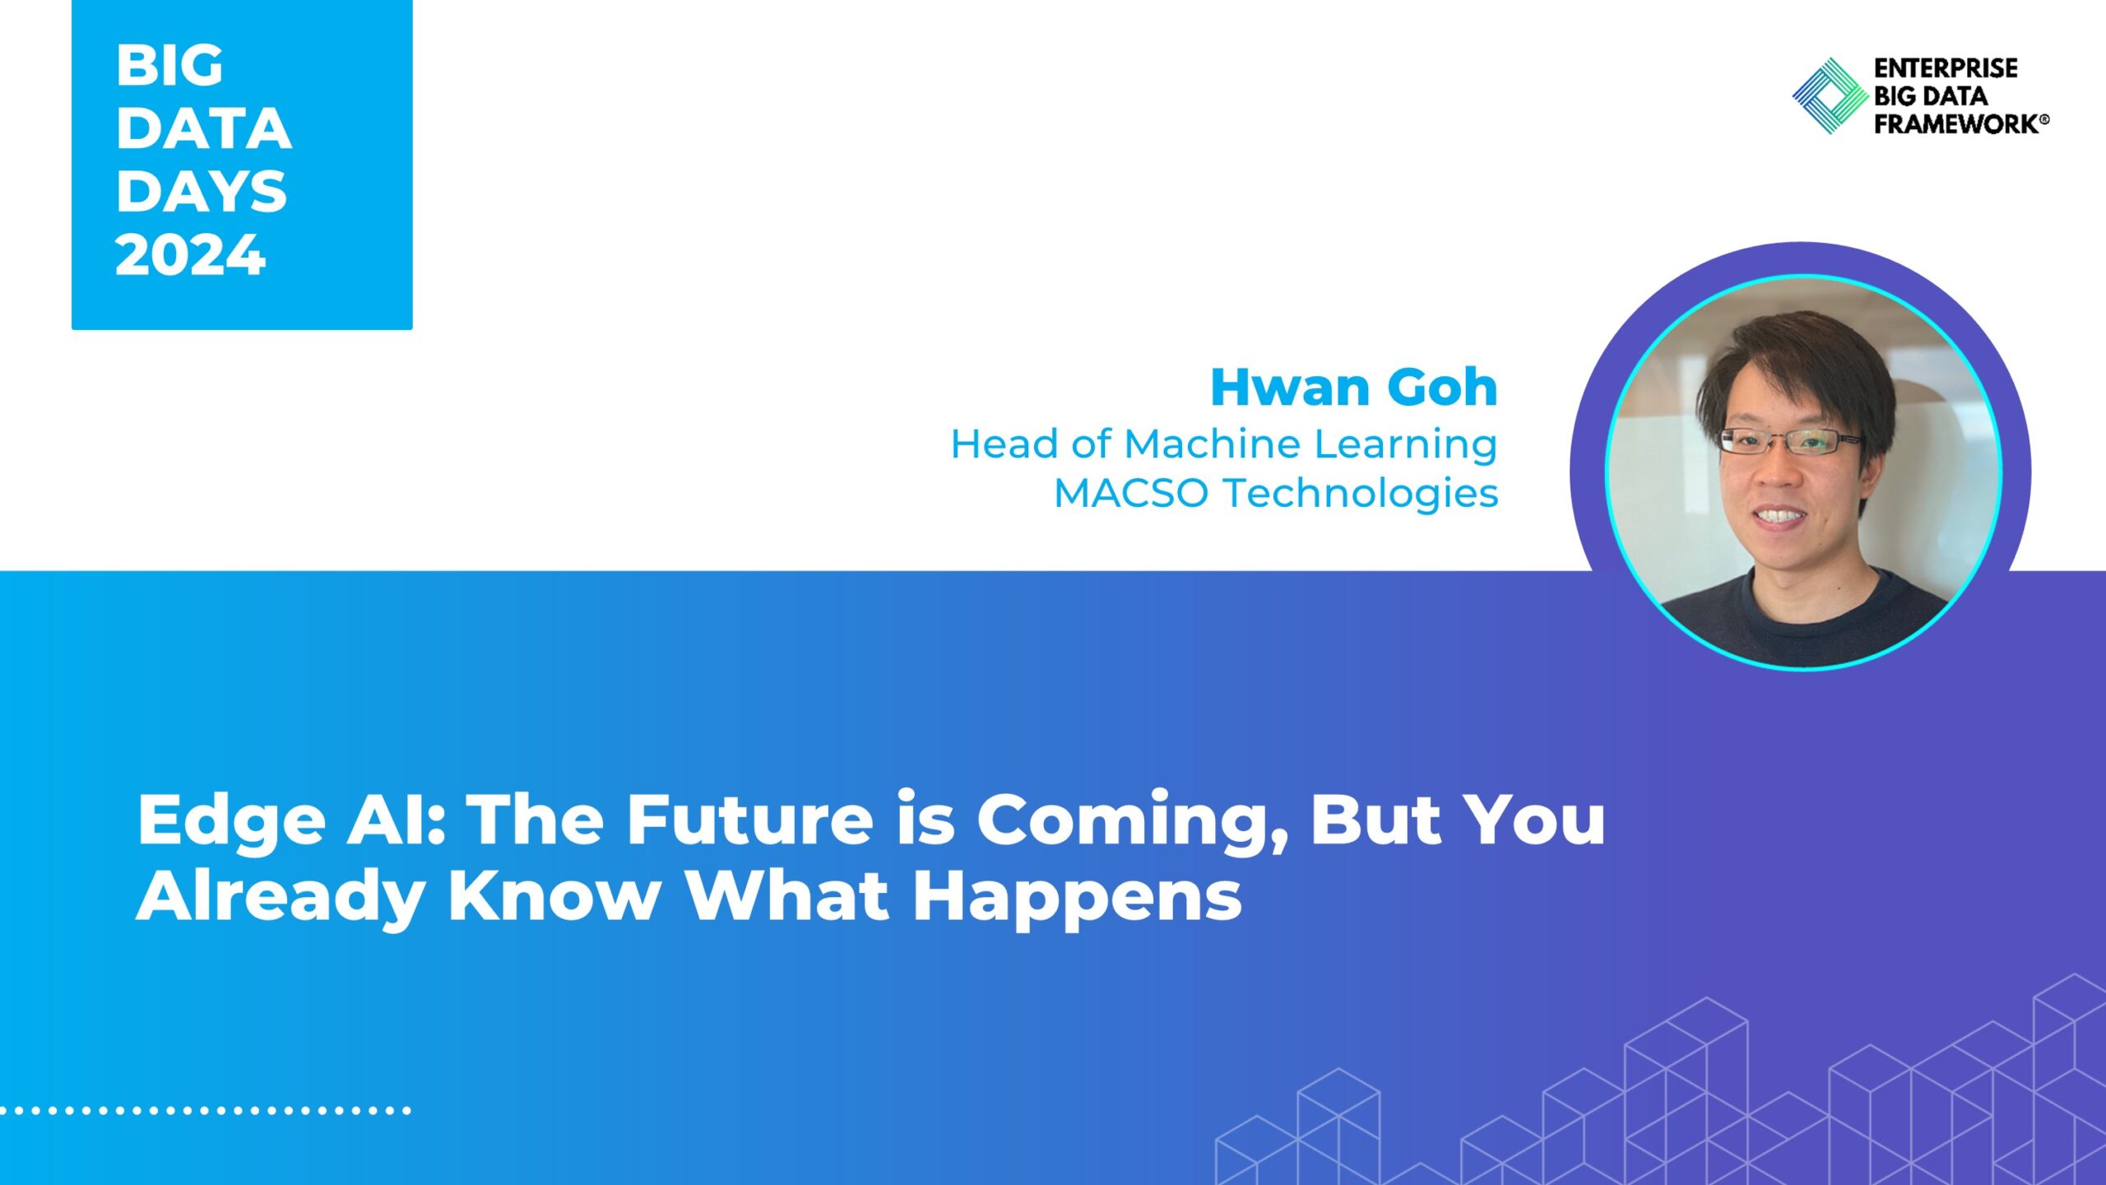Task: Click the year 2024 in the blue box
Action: [x=191, y=254]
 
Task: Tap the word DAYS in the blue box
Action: [x=202, y=191]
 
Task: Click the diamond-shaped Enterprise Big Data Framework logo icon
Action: [x=1830, y=95]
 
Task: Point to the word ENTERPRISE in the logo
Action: [x=1946, y=67]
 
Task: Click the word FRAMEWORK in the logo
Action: [x=1958, y=123]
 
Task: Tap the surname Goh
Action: [x=1442, y=387]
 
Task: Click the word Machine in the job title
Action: [x=1214, y=444]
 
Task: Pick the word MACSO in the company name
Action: [x=1131, y=494]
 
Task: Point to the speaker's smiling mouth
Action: [x=1779, y=517]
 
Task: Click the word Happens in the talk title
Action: [x=1077, y=898]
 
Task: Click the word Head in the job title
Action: [x=1004, y=444]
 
